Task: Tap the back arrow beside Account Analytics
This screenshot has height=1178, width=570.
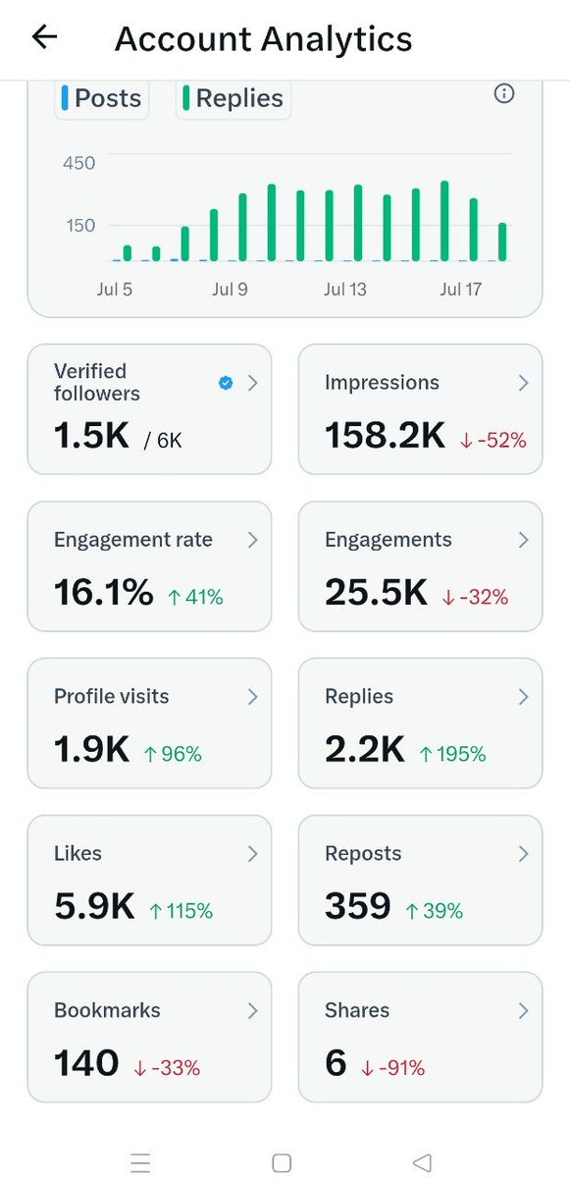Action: (x=45, y=37)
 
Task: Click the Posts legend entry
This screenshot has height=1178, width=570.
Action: (x=102, y=98)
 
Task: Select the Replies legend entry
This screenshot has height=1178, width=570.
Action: (x=233, y=98)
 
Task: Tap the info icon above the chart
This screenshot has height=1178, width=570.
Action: (x=504, y=93)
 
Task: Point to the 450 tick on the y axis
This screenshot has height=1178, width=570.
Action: (x=78, y=163)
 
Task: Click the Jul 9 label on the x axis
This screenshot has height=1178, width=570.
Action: (x=230, y=290)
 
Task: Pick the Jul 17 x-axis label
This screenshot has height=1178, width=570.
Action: (x=461, y=290)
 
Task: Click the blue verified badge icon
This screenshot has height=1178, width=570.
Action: (x=226, y=383)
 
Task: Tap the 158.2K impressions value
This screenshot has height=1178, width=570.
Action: (x=386, y=436)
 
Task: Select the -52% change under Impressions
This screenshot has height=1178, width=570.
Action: (x=493, y=440)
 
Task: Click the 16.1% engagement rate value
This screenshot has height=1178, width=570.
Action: (x=104, y=592)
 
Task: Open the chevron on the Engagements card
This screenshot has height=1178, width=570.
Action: (x=523, y=540)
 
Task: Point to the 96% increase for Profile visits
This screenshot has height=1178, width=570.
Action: (x=173, y=754)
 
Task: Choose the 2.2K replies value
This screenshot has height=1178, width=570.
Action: (x=365, y=749)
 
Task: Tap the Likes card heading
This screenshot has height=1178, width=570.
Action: (x=78, y=853)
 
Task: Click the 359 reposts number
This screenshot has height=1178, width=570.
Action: (x=358, y=905)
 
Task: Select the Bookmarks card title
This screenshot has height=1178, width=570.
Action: (x=107, y=1010)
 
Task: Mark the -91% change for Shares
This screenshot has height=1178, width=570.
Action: (x=393, y=1068)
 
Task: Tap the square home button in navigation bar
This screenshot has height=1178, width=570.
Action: (x=283, y=1162)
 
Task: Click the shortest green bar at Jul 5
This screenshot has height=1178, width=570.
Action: (x=128, y=253)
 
